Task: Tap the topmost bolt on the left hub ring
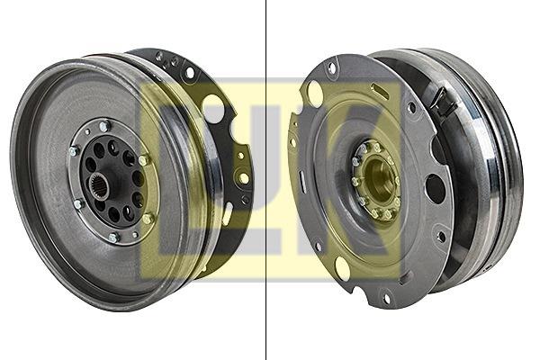click(x=104, y=126)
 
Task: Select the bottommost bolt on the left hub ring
click(x=113, y=237)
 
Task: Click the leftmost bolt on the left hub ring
click(x=74, y=150)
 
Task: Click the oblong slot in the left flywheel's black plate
click(x=228, y=213)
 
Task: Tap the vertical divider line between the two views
click(x=265, y=180)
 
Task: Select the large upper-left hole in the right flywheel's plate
click(x=315, y=89)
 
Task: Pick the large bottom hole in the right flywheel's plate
click(x=342, y=267)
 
